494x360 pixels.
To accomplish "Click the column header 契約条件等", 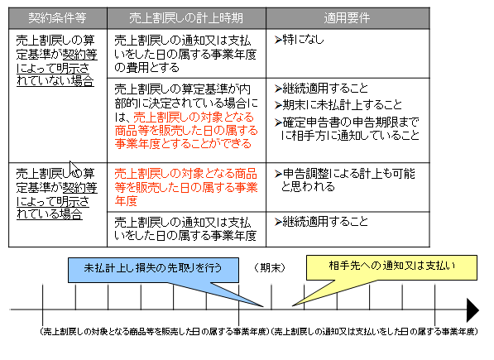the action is coord(57,18).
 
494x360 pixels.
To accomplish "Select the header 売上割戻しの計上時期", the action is coord(186,18).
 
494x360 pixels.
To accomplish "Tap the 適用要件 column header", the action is coord(347,18).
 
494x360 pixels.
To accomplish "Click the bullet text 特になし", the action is coord(299,40).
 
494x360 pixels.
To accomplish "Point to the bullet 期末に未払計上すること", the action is coord(338,105).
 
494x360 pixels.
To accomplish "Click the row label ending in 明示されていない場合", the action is coord(56,60).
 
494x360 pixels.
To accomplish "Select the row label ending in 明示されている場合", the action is coord(56,194).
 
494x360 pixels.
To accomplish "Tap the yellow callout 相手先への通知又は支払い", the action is coord(391,267).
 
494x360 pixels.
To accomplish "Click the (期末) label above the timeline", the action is coord(270,267).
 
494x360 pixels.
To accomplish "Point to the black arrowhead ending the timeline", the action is coord(472,310).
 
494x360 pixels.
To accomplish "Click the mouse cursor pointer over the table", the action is coord(73,167).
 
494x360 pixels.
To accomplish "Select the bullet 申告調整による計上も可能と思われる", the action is coord(345,180).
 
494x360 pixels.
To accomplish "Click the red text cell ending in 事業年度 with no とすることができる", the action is coord(186,187).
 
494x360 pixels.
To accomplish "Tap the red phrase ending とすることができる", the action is coord(186,131).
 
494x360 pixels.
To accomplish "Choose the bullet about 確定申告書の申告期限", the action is coord(347,129).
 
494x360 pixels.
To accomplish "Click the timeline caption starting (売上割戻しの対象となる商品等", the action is coord(155,332).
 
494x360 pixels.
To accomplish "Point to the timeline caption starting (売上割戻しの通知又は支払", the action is coord(375,332).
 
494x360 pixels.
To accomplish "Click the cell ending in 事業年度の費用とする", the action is coord(185,54).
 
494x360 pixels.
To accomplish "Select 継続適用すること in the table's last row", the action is coord(321,222).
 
